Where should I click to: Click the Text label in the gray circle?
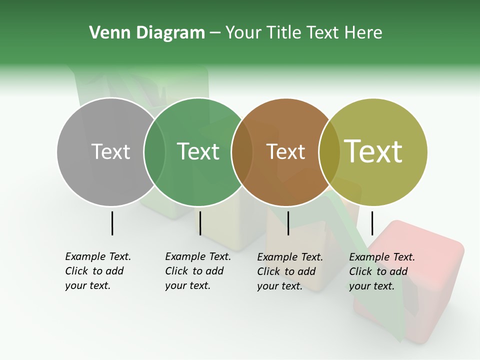(110, 151)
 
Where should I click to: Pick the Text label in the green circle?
(198, 151)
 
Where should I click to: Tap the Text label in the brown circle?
(285, 151)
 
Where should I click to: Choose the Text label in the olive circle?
(373, 151)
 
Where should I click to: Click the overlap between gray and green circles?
(154, 152)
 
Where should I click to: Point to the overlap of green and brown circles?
(242, 152)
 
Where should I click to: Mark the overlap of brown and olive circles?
(329, 152)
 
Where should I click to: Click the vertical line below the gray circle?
(112, 223)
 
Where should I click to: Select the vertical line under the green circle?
(200, 223)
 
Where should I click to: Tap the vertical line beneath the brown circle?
(288, 223)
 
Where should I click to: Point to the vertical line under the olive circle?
(372, 223)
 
